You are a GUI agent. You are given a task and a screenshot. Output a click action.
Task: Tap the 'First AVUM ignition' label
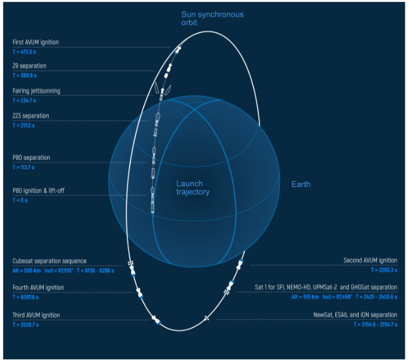pos(36,42)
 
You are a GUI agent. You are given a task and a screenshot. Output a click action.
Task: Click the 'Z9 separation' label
pos(30,66)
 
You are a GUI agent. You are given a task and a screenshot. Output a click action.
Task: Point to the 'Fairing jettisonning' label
pos(36,91)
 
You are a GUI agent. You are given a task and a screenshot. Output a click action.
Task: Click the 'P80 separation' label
pos(32,158)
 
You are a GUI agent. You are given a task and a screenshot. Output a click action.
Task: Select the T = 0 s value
pos(20,200)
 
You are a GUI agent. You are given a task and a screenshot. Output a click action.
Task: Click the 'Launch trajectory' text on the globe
pos(193,188)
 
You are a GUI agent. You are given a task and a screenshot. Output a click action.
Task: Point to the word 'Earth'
pos(300,184)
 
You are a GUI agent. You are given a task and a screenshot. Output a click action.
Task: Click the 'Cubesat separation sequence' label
pos(50,261)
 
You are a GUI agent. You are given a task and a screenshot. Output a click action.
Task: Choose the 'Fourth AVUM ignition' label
pos(38,288)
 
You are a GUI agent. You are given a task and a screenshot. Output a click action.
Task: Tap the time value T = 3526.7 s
pos(26,325)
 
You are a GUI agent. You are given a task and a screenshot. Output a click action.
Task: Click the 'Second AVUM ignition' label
pos(370,260)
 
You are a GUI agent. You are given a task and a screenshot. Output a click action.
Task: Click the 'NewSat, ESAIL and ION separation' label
pos(355,315)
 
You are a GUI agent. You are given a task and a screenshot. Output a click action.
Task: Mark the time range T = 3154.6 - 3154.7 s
pos(375,325)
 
